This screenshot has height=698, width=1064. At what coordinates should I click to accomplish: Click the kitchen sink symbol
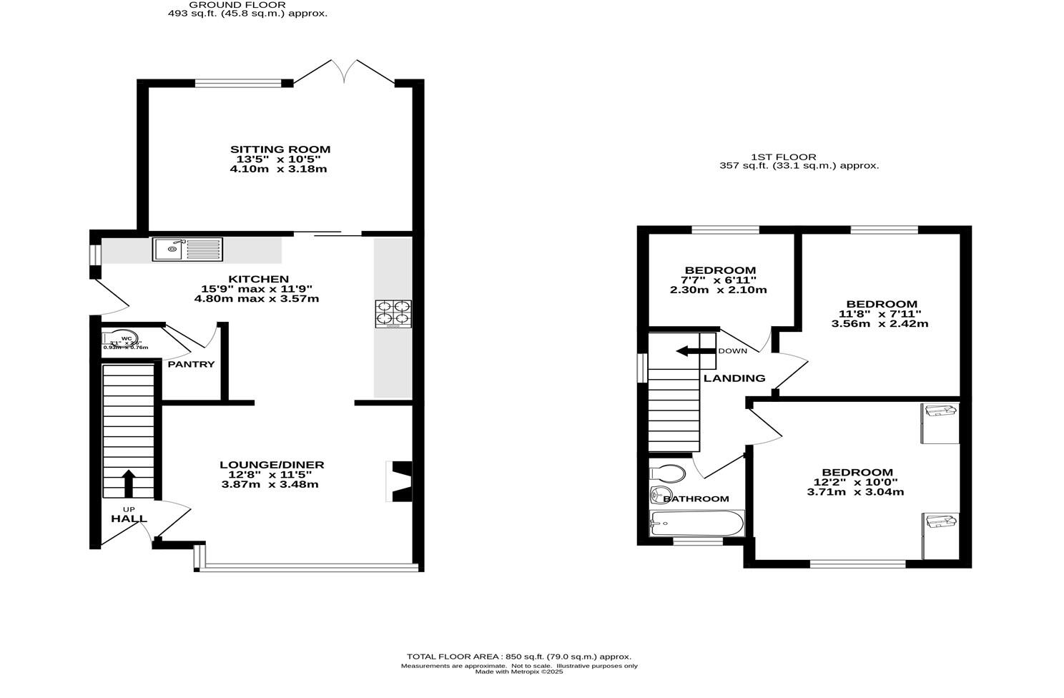(187, 249)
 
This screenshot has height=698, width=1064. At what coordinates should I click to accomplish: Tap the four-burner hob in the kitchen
(393, 313)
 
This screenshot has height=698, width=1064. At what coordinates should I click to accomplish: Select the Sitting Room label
(280, 149)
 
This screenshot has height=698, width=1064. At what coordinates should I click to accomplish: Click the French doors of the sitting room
(344, 72)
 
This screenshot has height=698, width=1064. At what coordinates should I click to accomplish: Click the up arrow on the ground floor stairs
(129, 483)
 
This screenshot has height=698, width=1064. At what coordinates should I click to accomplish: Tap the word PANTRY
(191, 364)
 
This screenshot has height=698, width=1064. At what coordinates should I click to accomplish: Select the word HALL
(129, 518)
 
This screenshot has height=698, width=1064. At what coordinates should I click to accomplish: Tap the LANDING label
(734, 378)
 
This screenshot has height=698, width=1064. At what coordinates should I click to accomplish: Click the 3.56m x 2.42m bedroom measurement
(880, 323)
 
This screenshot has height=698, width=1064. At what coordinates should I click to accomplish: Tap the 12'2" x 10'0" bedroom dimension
(857, 482)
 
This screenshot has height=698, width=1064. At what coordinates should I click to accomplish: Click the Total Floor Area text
(518, 657)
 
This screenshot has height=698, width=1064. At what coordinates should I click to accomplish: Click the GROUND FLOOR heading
(237, 4)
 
